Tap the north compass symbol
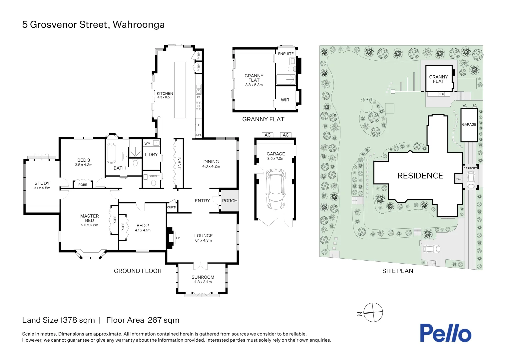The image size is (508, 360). (x=373, y=312)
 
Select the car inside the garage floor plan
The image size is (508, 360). (x=275, y=189)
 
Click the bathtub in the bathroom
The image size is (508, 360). (x=111, y=153)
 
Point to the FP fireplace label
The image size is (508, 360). (x=178, y=238)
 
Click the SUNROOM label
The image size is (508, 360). (x=203, y=277)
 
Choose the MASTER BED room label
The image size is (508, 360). (x=90, y=218)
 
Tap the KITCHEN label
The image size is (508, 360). (x=165, y=93)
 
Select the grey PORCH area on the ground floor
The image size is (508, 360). (x=230, y=201)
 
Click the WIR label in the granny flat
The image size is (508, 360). (x=285, y=100)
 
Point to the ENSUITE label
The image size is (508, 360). (x=286, y=54)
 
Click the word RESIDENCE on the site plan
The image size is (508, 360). (x=420, y=176)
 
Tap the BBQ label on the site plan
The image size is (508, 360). (x=441, y=94)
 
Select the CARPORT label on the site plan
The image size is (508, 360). (x=470, y=168)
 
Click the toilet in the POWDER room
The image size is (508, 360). (x=154, y=183)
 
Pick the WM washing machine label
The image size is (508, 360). (x=148, y=143)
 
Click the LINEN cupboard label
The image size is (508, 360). (x=180, y=164)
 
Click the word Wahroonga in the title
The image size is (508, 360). (x=139, y=25)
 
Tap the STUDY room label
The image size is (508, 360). (x=42, y=183)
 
